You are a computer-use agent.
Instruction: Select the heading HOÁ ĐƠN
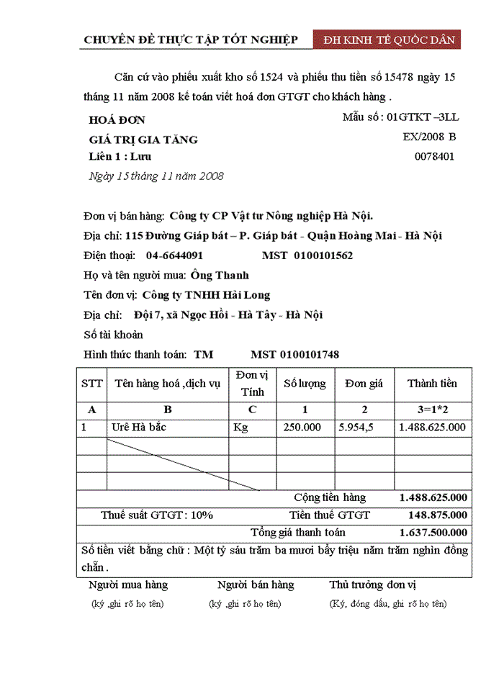coord(117,120)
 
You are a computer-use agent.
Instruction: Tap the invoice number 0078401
coord(435,156)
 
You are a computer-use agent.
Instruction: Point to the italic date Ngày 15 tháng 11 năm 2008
coord(156,176)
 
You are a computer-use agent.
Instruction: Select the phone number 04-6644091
coord(174,256)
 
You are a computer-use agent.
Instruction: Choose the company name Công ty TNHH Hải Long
coord(206,295)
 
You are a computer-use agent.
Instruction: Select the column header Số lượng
coord(305,384)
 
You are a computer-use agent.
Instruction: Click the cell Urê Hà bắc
coord(139,428)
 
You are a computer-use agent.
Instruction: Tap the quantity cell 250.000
coord(302,428)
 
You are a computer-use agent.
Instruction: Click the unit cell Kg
coord(240,428)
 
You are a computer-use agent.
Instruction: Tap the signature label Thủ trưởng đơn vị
coord(373,585)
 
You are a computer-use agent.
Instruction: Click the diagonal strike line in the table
coord(183,464)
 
